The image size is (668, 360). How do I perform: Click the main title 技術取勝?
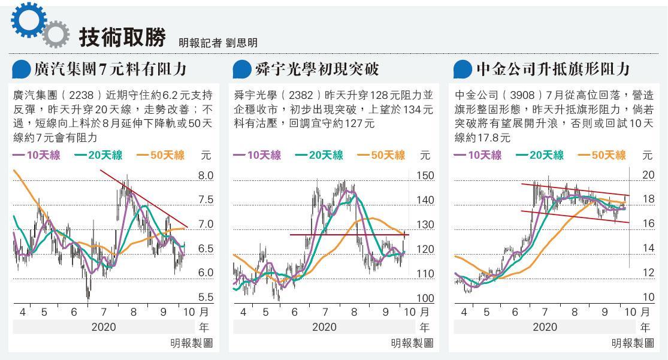pos(122,37)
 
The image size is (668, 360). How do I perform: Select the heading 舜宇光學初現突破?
pos(316,69)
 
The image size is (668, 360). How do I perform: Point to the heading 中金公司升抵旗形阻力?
pos(552,69)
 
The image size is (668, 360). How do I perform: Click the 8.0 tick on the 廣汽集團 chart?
pos(205,176)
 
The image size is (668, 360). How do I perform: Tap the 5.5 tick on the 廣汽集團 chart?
pos(205,297)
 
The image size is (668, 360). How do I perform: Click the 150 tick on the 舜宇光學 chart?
pos(425,176)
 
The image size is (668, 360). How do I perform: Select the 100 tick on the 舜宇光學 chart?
pos(425,298)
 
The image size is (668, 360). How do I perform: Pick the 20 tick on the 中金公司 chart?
pos(648,175)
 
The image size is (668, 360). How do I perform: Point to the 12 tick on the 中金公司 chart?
pos(648,273)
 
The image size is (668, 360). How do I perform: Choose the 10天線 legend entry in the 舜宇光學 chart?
pos(257,155)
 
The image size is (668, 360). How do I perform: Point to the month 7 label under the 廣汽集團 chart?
pos(103,312)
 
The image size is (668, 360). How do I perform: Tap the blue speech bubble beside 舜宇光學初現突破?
pos(241,69)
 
